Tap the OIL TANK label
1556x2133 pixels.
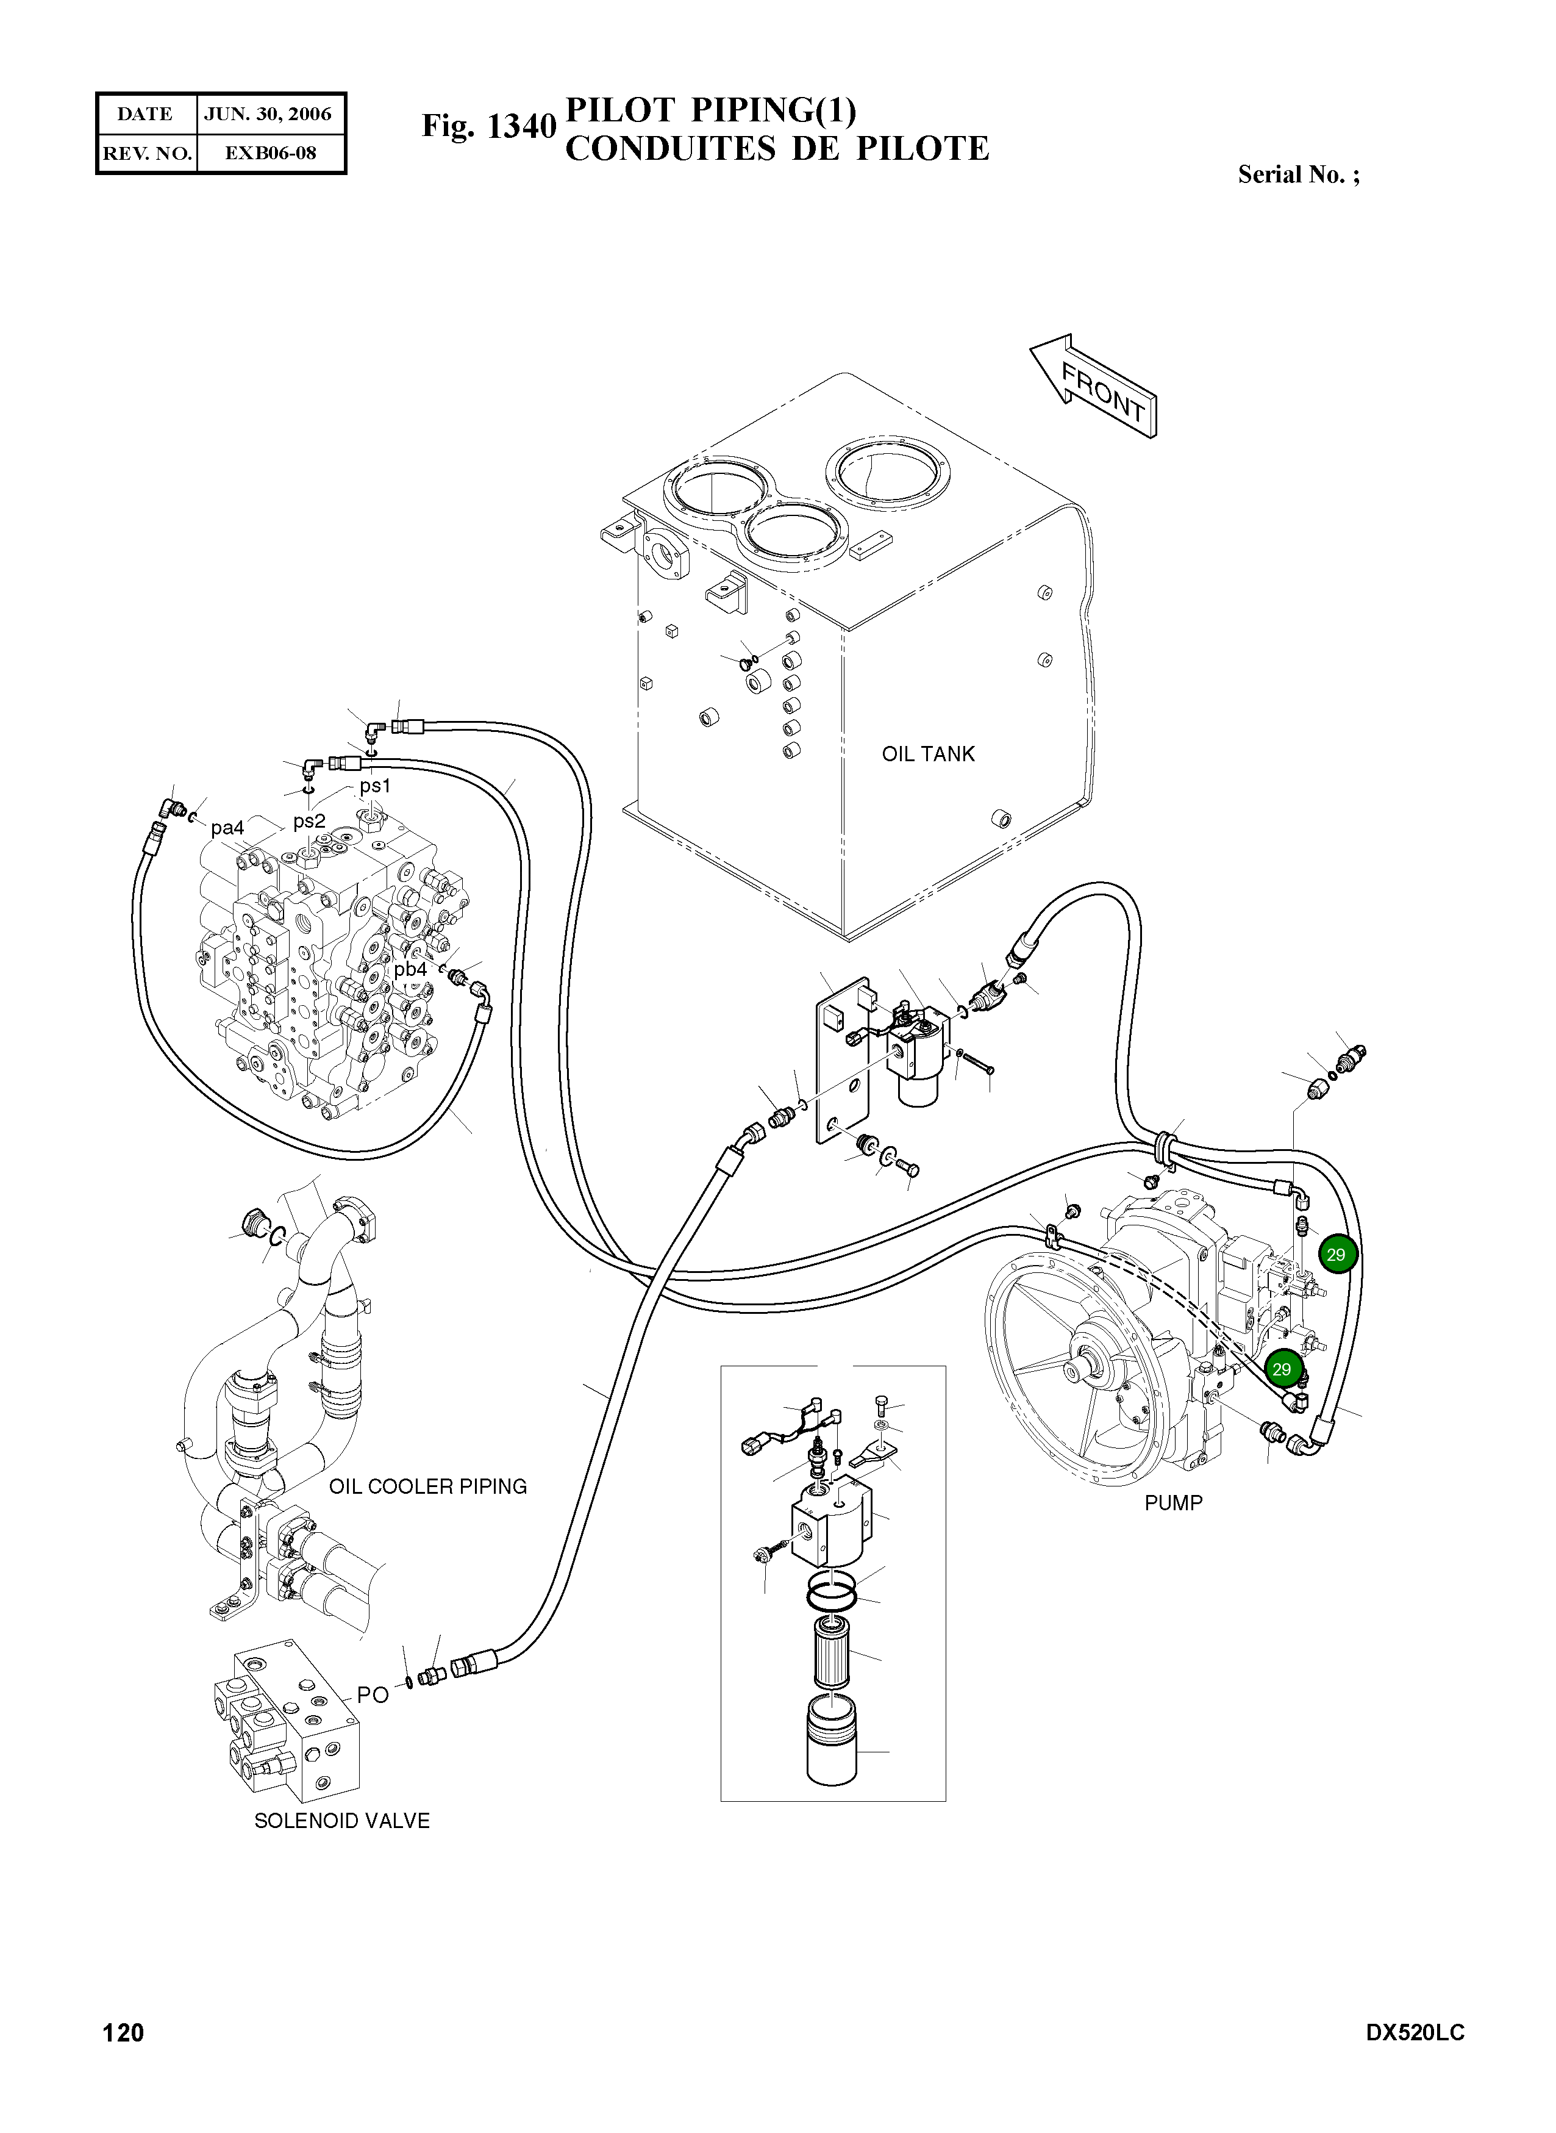coord(928,754)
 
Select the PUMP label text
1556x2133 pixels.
coord(1172,1503)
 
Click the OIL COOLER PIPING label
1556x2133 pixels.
coord(427,1486)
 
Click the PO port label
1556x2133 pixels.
coord(372,1695)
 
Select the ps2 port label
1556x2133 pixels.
coord(309,820)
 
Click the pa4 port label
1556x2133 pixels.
coord(227,827)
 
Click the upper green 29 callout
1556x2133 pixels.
coord(1336,1254)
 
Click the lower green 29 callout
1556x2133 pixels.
coord(1282,1369)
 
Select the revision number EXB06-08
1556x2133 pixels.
coord(270,152)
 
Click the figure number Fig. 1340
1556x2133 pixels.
coord(488,125)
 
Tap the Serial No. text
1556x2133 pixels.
coord(1298,174)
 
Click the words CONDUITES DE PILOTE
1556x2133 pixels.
coord(776,149)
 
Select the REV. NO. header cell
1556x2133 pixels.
coord(146,152)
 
